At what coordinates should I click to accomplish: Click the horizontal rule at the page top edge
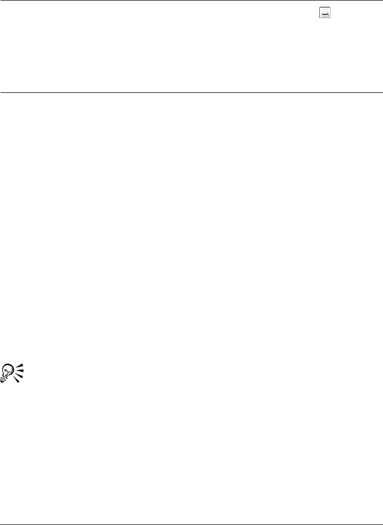[x=191, y=1]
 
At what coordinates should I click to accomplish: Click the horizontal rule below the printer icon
[x=191, y=93]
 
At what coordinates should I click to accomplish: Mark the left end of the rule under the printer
[x=1, y=93]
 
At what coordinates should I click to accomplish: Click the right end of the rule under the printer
[x=381, y=93]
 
